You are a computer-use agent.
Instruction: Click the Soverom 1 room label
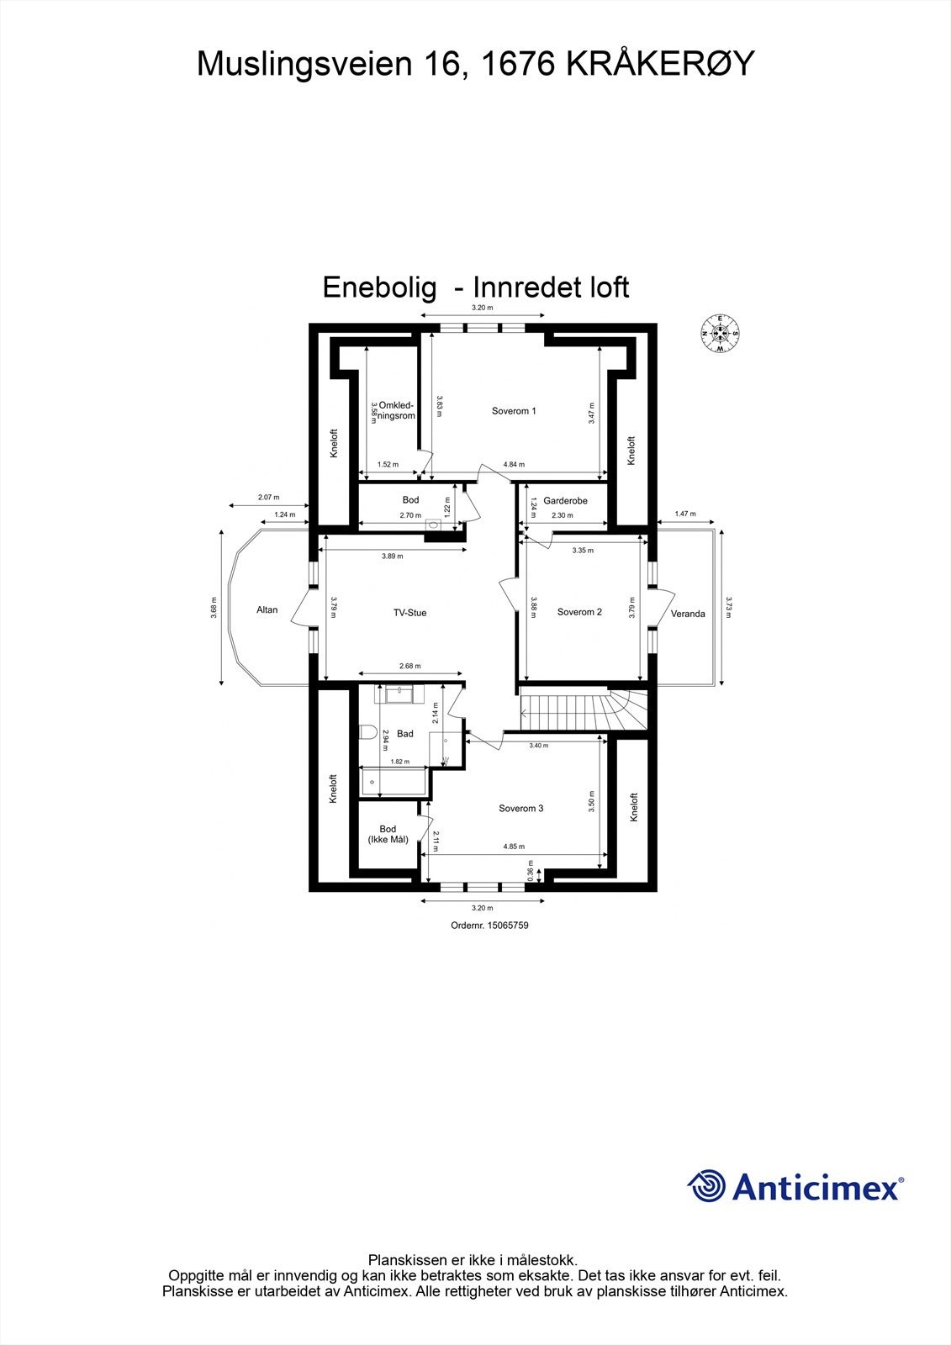(x=514, y=411)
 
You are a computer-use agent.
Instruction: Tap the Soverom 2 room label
(x=579, y=612)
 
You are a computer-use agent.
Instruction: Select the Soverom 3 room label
(x=520, y=809)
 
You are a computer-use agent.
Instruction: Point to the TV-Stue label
(x=409, y=613)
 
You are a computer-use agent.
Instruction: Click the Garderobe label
(x=565, y=501)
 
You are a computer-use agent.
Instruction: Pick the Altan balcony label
(x=267, y=610)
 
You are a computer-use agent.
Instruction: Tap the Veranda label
(x=688, y=614)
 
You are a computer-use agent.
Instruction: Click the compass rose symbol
(x=720, y=333)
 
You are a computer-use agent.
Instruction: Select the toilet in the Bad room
(x=367, y=733)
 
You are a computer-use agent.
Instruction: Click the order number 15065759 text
(x=489, y=926)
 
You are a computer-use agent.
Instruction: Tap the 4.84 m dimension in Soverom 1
(x=514, y=465)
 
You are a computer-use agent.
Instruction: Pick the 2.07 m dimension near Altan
(x=268, y=498)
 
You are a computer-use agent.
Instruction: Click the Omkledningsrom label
(x=397, y=410)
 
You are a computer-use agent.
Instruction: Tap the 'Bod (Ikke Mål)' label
(x=388, y=834)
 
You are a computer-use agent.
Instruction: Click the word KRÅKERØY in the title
(x=658, y=64)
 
